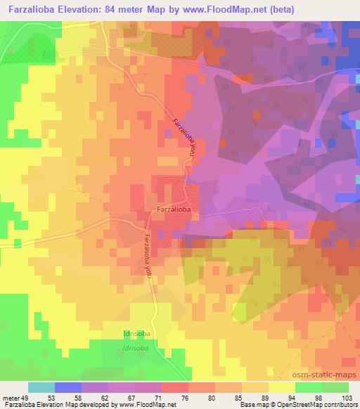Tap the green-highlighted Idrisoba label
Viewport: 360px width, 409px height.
click(x=134, y=332)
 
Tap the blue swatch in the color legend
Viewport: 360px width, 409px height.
click(x=67, y=387)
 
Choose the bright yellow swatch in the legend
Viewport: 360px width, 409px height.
click(x=281, y=387)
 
